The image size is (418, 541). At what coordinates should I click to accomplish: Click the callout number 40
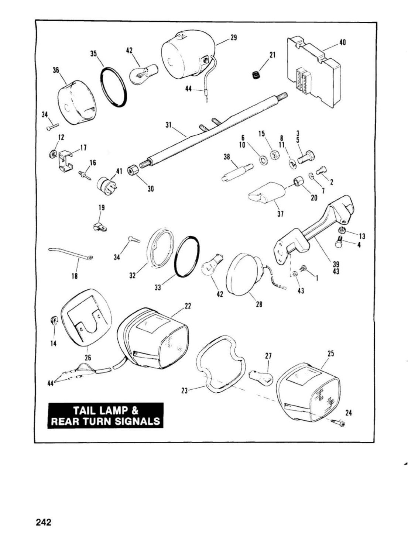(343, 42)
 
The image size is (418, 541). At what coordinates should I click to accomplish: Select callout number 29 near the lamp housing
(233, 38)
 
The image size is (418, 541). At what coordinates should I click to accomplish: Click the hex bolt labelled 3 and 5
(306, 157)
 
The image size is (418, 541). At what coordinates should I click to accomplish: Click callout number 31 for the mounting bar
(169, 125)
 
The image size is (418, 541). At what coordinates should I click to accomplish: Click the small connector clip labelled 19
(100, 227)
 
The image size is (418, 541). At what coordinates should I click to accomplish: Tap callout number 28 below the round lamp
(259, 304)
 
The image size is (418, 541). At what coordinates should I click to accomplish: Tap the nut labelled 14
(54, 320)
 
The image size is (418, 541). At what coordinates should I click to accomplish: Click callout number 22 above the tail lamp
(188, 306)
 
